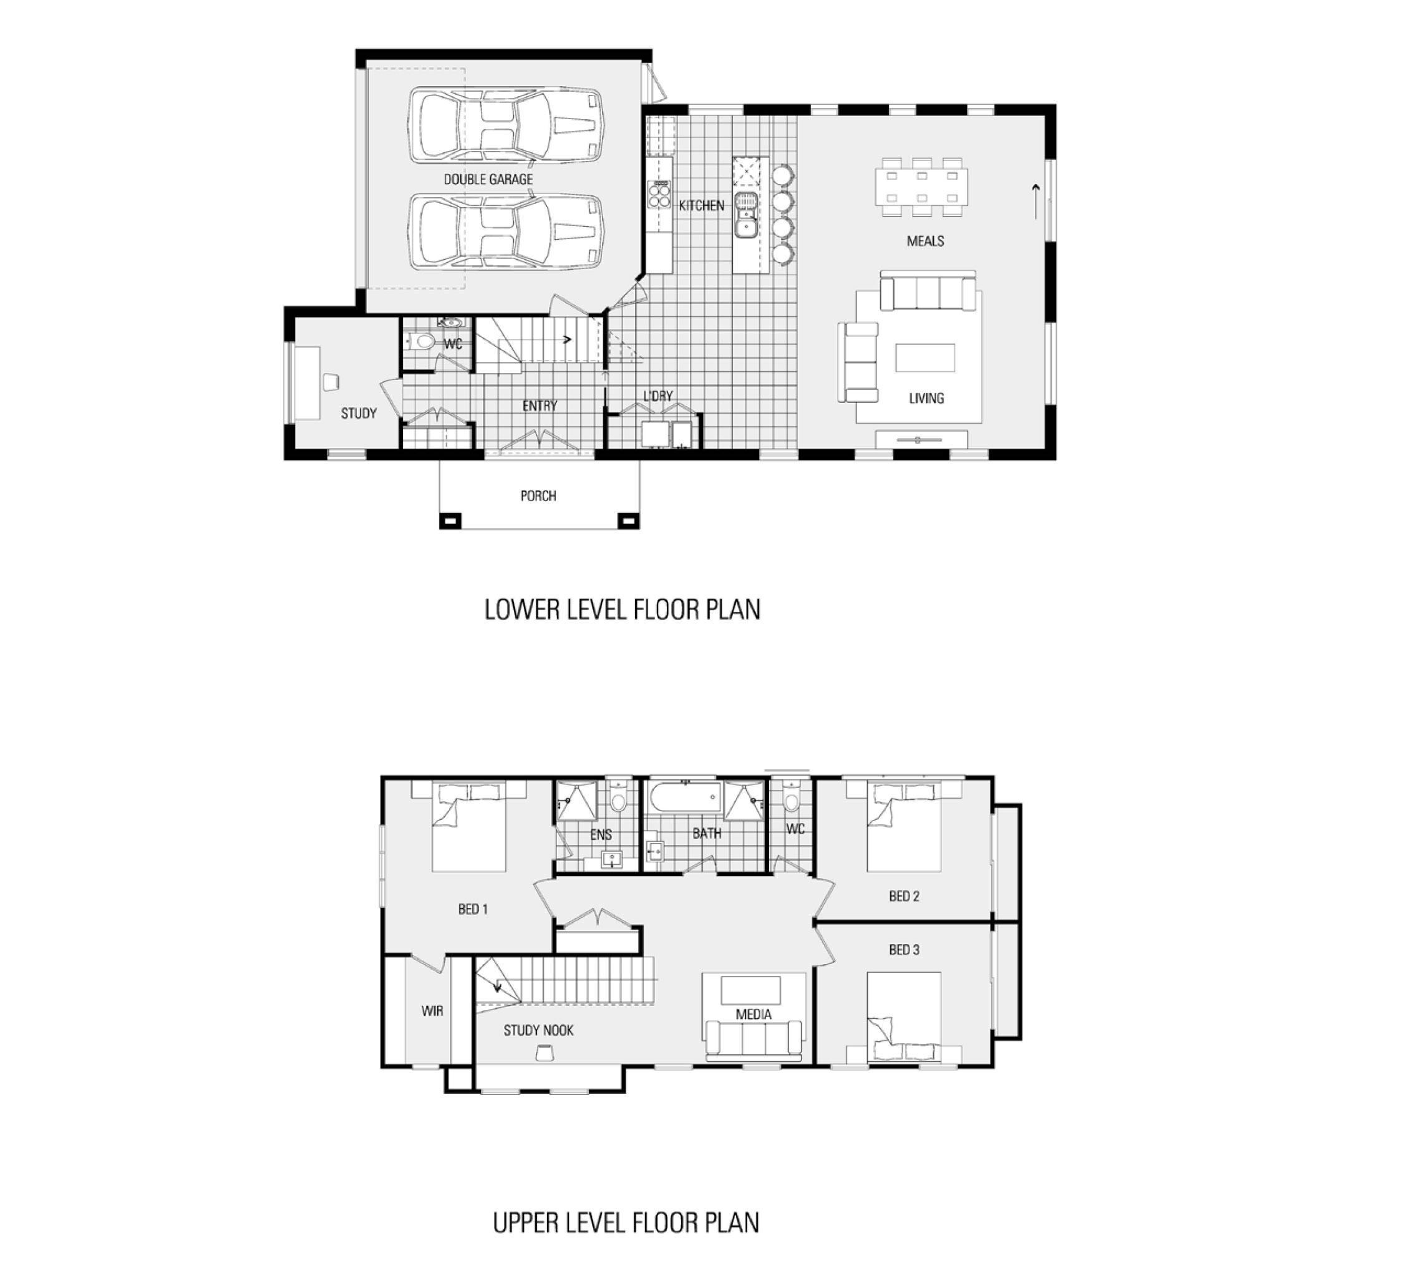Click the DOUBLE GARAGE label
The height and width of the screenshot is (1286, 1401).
pyautogui.click(x=488, y=180)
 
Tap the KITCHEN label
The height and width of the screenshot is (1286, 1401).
pyautogui.click(x=701, y=205)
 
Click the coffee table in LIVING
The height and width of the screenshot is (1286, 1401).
pyautogui.click(x=924, y=358)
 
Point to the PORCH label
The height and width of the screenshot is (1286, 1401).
pyautogui.click(x=538, y=496)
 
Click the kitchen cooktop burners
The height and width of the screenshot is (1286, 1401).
pyautogui.click(x=659, y=194)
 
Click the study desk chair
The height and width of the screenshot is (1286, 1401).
pyautogui.click(x=331, y=382)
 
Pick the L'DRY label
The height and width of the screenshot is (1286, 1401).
pyautogui.click(x=657, y=396)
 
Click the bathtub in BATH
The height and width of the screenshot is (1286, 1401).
pyautogui.click(x=685, y=797)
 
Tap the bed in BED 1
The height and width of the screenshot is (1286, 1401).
pyautogui.click(x=468, y=827)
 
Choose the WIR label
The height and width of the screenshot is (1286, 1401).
pyautogui.click(x=432, y=1010)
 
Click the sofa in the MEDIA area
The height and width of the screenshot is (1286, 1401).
pyautogui.click(x=754, y=1040)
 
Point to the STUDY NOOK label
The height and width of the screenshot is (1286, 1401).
pyautogui.click(x=538, y=1031)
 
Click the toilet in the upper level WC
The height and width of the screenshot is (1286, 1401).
pyautogui.click(x=791, y=799)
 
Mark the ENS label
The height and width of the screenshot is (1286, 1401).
pyautogui.click(x=601, y=834)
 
